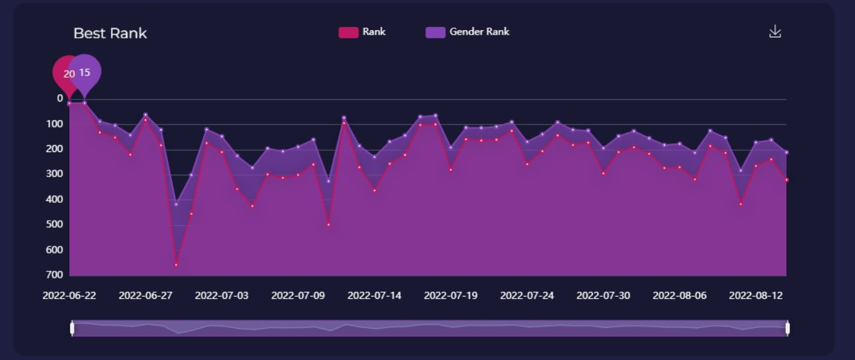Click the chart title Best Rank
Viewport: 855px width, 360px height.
(110, 33)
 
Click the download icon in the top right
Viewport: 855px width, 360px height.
(775, 31)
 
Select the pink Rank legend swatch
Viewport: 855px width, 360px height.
(348, 32)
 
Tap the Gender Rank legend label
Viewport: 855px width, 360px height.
(479, 31)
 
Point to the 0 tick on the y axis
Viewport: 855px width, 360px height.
(60, 99)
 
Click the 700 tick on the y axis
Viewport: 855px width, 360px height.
(55, 275)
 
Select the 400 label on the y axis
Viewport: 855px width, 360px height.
(55, 200)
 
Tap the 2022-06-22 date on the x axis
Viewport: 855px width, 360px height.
(69, 296)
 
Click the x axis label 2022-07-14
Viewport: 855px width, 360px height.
(375, 296)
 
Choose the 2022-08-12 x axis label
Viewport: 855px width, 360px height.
(756, 296)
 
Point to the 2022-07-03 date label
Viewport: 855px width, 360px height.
(222, 296)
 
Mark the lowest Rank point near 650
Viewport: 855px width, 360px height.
(176, 264)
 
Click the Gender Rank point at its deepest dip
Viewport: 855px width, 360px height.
(176, 204)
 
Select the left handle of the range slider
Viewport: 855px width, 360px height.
(72, 329)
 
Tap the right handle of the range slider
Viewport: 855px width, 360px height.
(787, 329)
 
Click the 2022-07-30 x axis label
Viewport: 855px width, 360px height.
(604, 296)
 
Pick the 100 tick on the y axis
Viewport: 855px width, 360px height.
(55, 124)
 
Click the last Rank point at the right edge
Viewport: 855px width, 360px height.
(786, 180)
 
